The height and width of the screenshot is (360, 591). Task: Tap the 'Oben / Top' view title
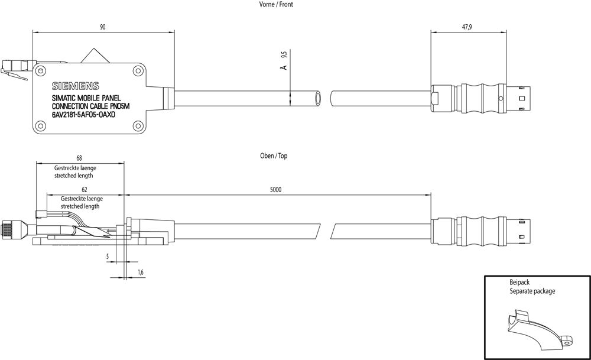274,156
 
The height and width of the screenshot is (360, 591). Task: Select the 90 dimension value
103,27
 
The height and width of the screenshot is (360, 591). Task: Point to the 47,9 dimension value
466,27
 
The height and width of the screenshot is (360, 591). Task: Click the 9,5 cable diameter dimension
284,55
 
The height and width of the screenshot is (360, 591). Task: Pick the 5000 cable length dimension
276,190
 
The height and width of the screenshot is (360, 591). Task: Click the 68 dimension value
79,158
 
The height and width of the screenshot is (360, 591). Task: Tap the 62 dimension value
85,190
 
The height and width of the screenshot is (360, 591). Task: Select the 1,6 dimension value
141,272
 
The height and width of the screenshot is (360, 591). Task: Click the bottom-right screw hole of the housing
137,125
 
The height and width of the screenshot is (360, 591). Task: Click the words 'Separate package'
532,291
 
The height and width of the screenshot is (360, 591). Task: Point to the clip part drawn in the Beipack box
538,328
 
